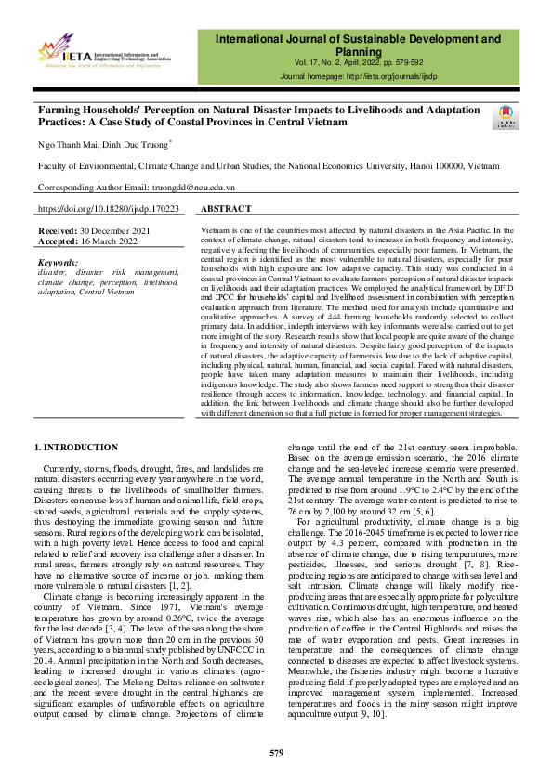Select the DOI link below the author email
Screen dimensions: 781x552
[108, 210]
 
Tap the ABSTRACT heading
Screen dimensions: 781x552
[226, 210]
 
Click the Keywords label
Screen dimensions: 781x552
[59, 263]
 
